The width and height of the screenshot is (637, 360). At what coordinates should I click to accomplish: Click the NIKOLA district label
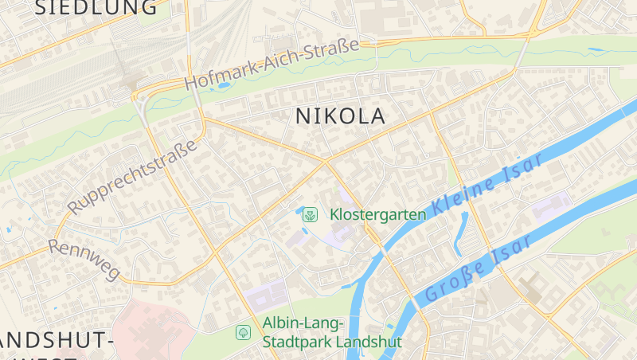point(340,116)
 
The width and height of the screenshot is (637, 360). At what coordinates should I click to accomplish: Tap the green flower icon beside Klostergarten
point(311,213)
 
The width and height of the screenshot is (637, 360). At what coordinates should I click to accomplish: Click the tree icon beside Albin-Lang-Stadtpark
point(243,331)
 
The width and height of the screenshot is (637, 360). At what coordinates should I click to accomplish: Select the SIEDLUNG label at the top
point(96,8)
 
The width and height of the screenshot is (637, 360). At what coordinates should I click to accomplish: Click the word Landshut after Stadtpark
point(369,342)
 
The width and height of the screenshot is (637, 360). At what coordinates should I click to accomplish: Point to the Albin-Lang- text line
point(303,323)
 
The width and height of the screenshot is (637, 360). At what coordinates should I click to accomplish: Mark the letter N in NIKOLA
point(303,116)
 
